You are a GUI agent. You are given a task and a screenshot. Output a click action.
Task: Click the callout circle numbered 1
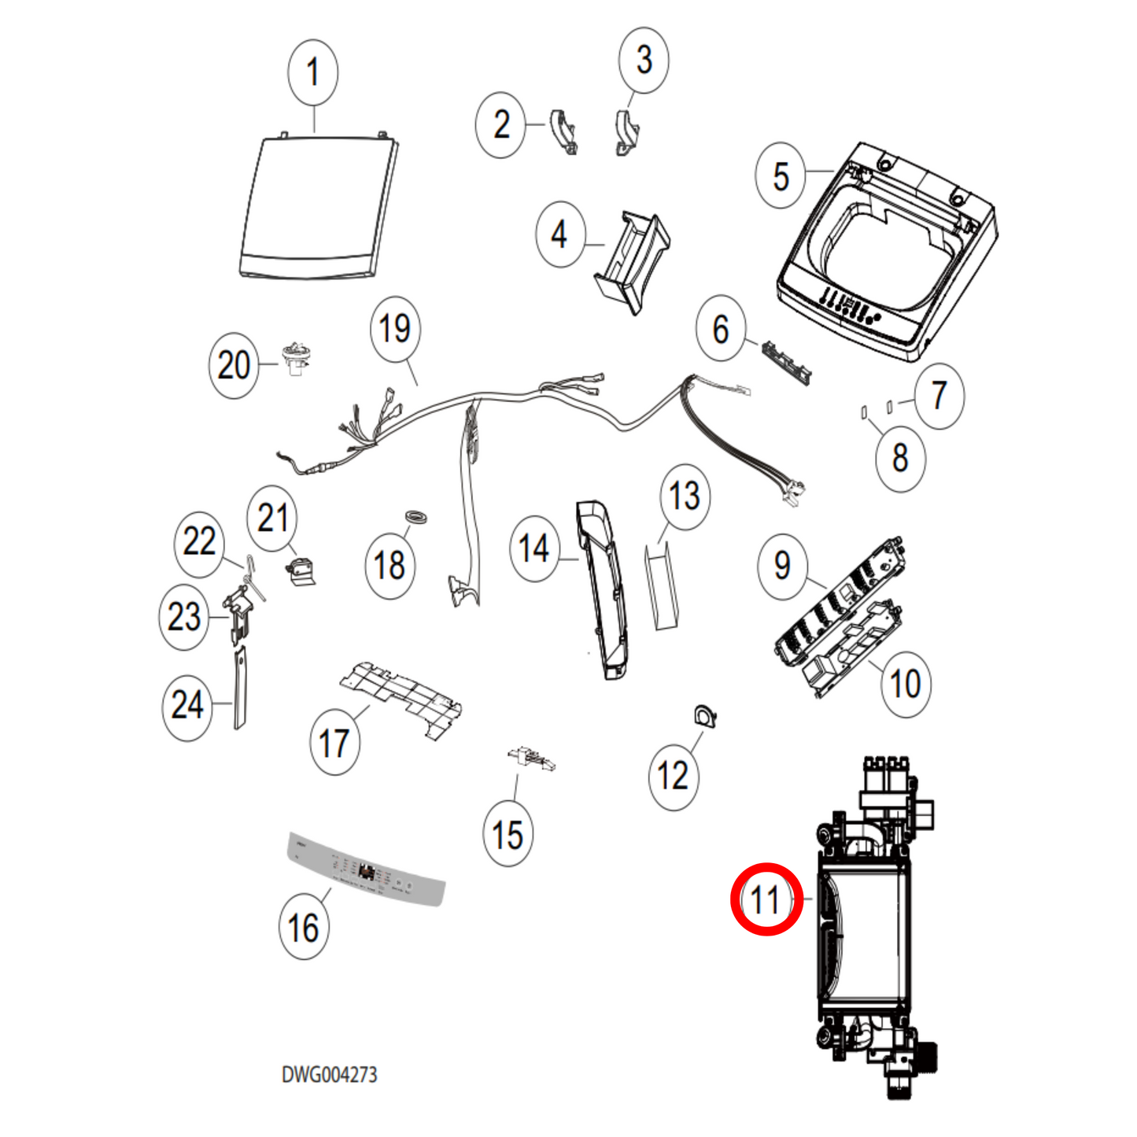[x=313, y=72]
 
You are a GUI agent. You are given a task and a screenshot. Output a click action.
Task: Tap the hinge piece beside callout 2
[x=564, y=130]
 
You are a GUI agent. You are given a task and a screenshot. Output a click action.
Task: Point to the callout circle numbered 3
[x=644, y=60]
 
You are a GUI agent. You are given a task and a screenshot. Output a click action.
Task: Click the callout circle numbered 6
[x=721, y=329]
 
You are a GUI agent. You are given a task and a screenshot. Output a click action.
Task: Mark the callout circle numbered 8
[x=900, y=458]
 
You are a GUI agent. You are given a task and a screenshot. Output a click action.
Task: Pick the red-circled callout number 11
[x=766, y=899]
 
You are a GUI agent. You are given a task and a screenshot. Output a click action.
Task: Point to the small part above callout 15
[x=532, y=759]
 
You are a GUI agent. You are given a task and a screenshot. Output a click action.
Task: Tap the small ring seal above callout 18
[x=416, y=517]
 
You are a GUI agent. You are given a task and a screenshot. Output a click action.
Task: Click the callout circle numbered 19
[x=395, y=329]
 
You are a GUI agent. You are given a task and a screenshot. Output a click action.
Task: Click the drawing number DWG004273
[x=330, y=1075]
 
